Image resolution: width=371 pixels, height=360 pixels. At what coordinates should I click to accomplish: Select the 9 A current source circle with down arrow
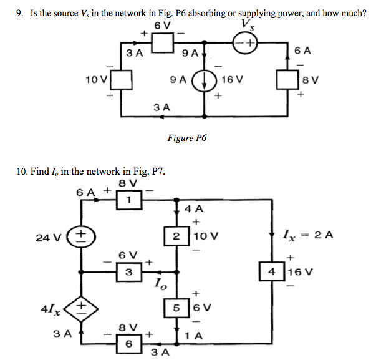[x=203, y=80]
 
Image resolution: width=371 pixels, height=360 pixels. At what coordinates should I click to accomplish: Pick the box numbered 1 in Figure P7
[x=128, y=200]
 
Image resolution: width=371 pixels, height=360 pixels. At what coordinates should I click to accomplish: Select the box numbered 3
[x=128, y=272]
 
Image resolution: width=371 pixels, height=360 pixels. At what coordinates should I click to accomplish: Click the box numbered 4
[x=272, y=272]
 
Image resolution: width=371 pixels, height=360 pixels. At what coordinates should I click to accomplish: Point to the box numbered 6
[x=128, y=343]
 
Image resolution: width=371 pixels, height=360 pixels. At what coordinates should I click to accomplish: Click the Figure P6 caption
[x=186, y=138]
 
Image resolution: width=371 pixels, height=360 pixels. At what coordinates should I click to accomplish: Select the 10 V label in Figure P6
[x=97, y=79]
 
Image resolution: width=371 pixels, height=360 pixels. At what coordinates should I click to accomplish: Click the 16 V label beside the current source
[x=232, y=80]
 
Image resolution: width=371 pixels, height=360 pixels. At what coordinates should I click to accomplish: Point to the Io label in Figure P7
[x=160, y=287]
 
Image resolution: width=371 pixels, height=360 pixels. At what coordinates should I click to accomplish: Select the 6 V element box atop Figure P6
[x=163, y=43]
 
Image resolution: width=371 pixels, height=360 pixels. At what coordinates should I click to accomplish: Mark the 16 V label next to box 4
[x=301, y=272]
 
